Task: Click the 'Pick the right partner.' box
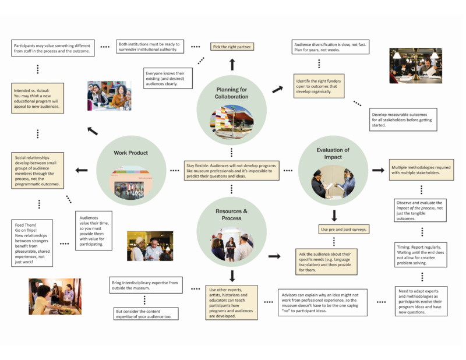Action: tap(232, 47)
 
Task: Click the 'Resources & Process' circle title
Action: tap(231, 216)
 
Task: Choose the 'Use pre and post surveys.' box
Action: tap(343, 230)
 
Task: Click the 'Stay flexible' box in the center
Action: tap(232, 170)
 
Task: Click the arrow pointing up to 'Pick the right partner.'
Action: tap(232, 63)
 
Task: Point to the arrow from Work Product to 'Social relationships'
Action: tap(81, 170)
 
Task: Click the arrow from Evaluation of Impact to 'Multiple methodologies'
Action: tap(378, 170)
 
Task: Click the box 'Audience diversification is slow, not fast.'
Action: tap(331, 47)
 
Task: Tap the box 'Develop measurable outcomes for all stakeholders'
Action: tap(403, 119)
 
